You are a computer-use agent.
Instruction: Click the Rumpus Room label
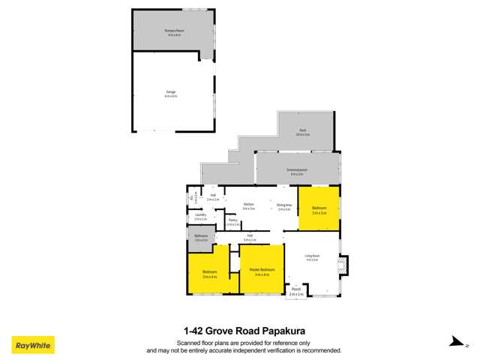(174, 31)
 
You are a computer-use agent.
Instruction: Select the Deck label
(302, 133)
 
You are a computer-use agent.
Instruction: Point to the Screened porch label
(298, 172)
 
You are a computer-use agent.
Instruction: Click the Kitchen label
(248, 205)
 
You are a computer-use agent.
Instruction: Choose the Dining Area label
(283, 206)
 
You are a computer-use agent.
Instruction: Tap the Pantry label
(233, 222)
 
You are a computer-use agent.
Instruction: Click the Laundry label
(200, 217)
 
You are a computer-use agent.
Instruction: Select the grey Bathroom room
(200, 238)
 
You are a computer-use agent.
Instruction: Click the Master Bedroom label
(262, 271)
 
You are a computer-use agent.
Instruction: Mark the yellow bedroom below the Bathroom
(209, 273)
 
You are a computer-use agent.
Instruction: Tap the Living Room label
(311, 258)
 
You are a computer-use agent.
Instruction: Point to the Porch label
(296, 291)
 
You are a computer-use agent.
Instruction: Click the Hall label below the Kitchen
(249, 237)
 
